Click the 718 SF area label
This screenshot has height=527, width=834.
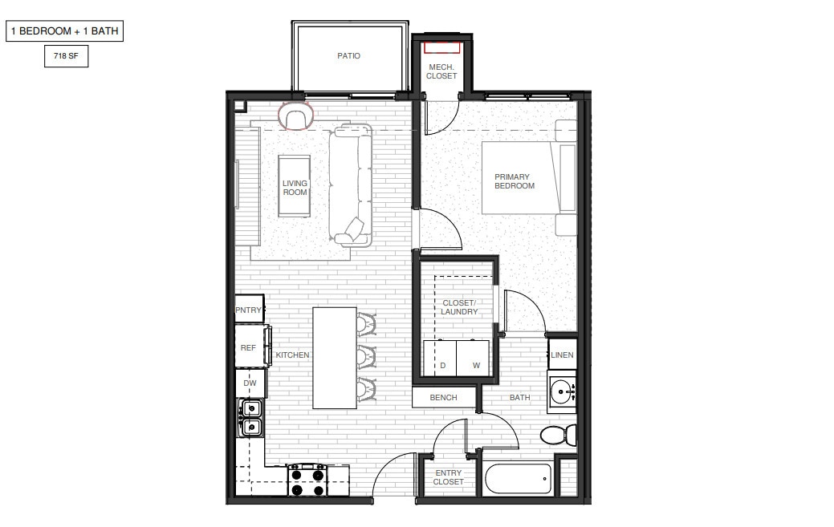[66, 57]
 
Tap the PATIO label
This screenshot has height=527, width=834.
[348, 56]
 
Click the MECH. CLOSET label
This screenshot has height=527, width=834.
[441, 71]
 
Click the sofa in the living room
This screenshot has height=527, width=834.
[350, 184]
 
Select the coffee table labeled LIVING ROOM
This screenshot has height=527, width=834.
[295, 186]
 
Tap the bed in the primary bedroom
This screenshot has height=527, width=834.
[528, 177]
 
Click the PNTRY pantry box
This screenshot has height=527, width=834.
[249, 310]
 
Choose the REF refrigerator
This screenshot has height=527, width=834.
[249, 347]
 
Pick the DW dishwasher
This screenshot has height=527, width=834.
[250, 383]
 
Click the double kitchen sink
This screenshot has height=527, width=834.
[250, 419]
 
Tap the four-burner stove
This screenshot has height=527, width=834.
[307, 480]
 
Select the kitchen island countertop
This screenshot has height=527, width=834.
[334, 358]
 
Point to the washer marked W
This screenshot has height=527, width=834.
[475, 358]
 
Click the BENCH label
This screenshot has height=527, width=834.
[444, 397]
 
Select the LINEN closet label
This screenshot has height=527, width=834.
[563, 355]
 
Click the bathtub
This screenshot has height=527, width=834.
[519, 480]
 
